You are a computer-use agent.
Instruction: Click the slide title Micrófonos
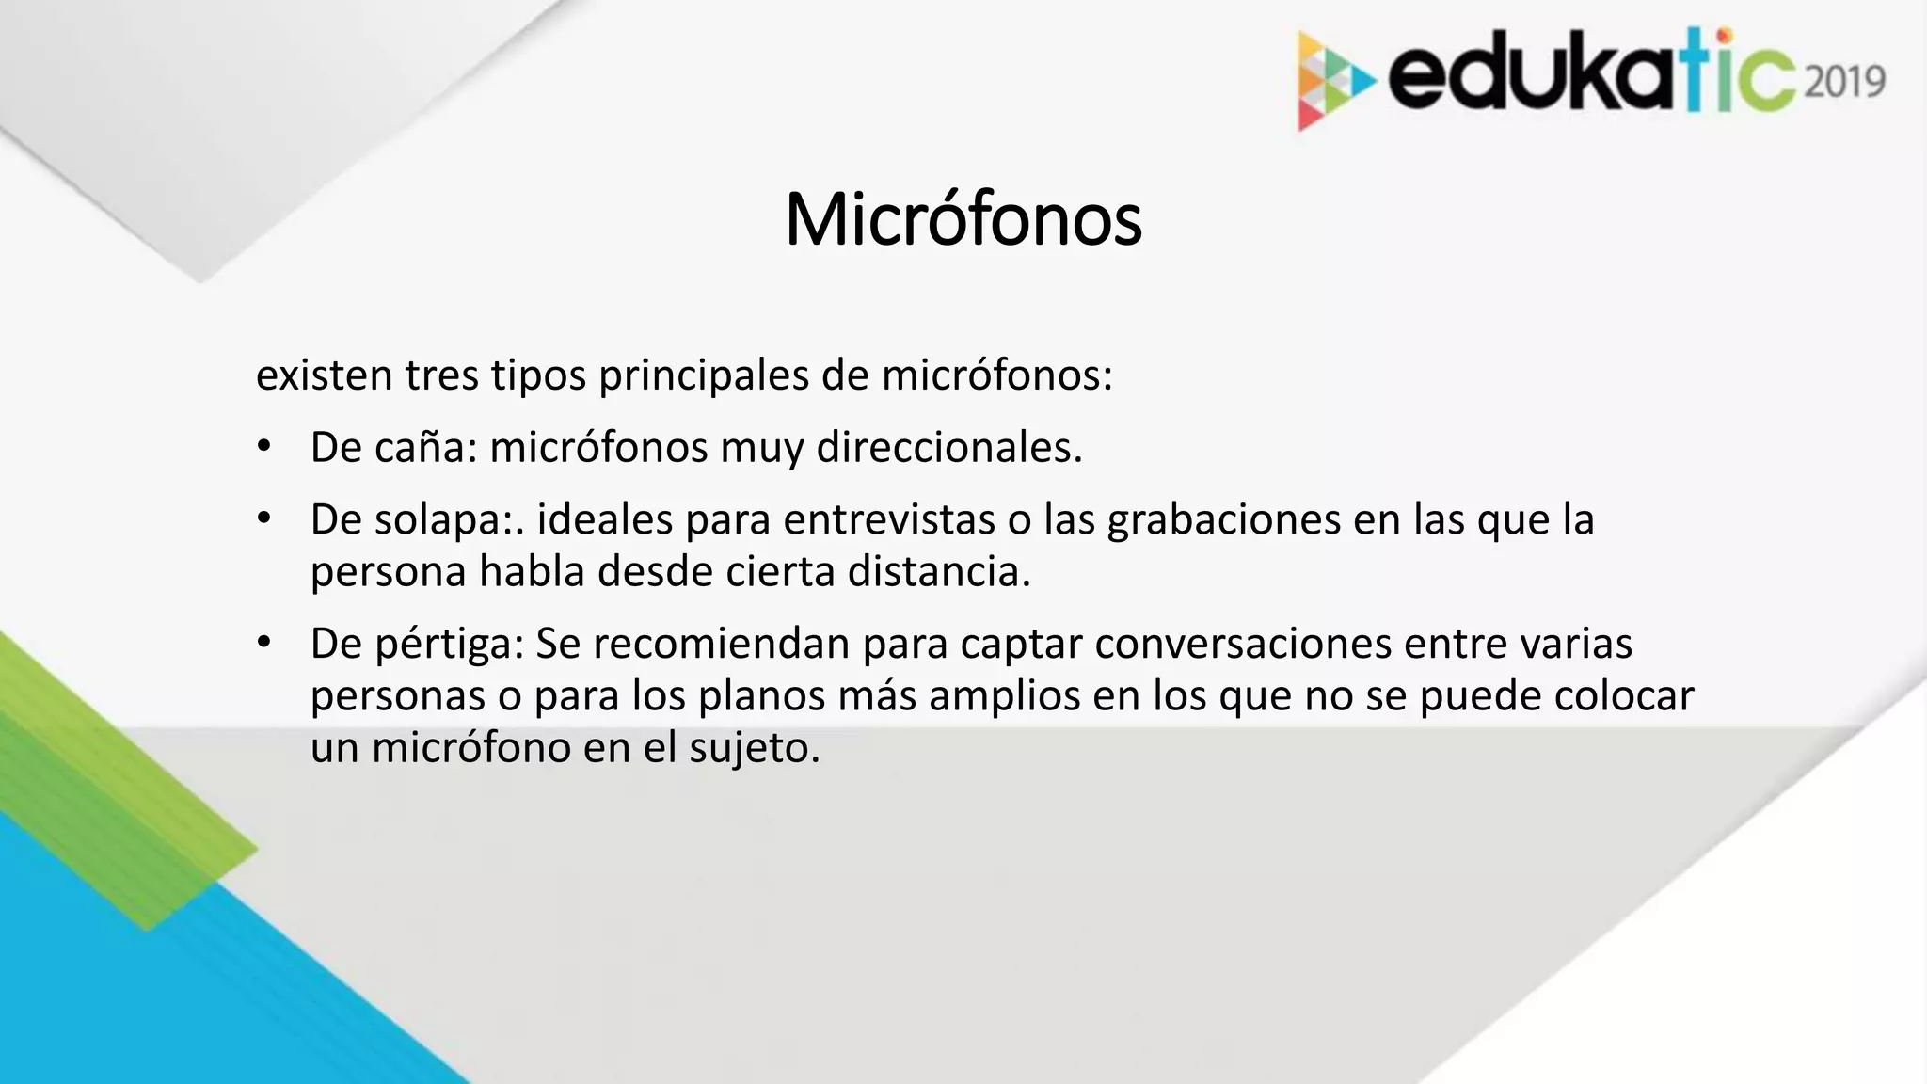[963, 220]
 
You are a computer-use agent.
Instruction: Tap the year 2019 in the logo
[1844, 82]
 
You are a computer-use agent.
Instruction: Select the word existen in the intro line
[324, 375]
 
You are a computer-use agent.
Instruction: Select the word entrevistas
[888, 520]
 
